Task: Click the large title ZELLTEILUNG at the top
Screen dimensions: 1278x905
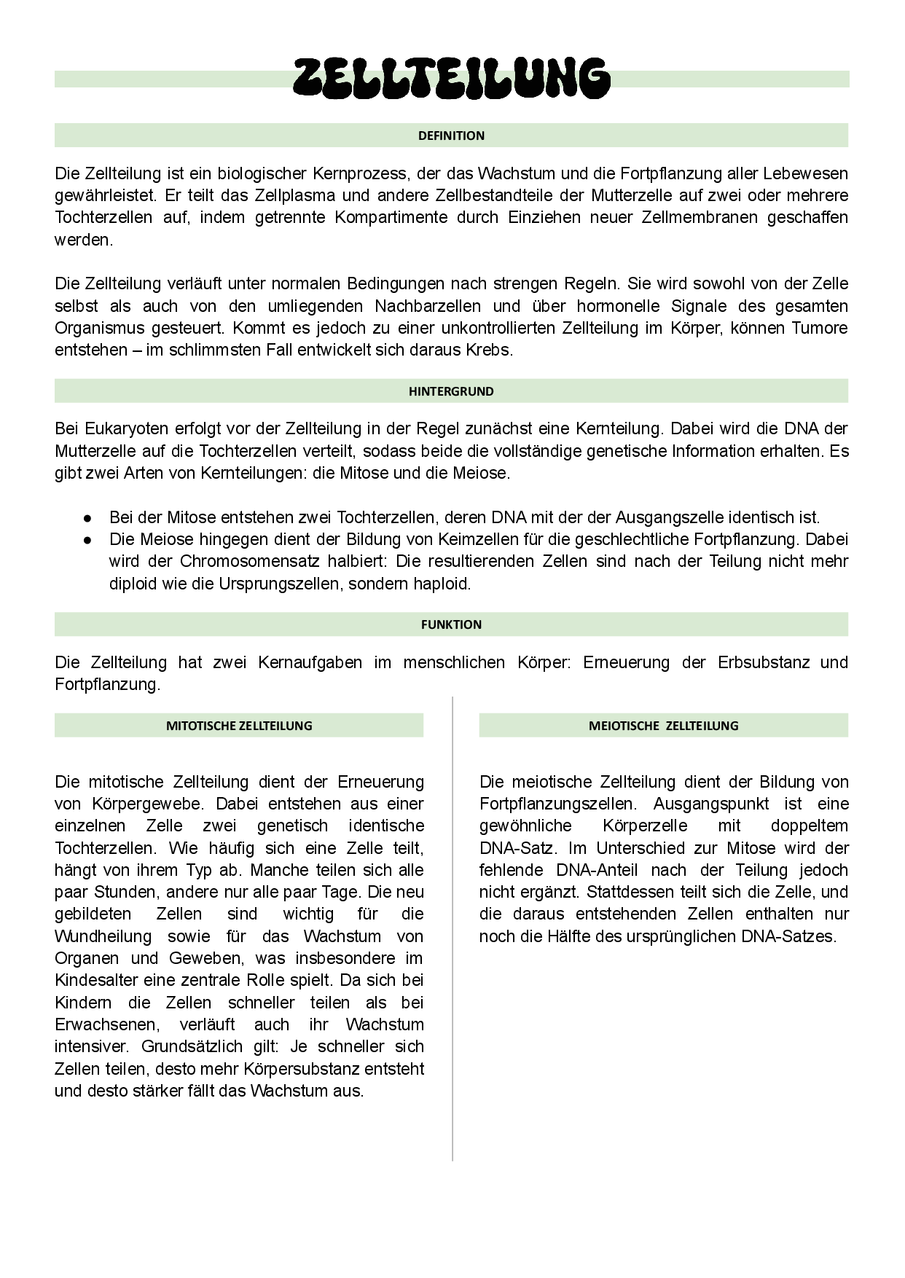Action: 452,78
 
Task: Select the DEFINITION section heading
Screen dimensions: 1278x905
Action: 451,136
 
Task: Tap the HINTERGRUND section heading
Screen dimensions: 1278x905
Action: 451,391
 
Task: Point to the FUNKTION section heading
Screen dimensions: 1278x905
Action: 451,624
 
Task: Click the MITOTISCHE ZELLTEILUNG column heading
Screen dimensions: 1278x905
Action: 239,726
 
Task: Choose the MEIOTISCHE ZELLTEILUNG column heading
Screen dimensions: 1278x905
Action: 663,726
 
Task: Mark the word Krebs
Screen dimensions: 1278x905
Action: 489,350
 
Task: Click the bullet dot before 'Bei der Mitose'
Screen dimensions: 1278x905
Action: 87,518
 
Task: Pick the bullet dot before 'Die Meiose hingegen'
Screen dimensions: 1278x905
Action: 87,540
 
